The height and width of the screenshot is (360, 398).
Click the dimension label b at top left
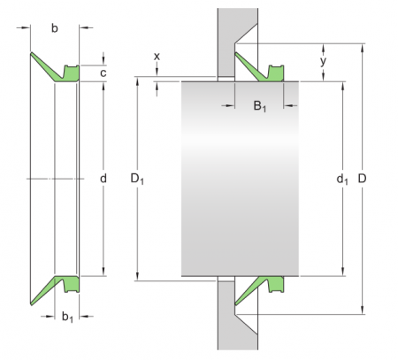(x=55, y=29)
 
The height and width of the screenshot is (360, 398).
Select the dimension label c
(x=103, y=73)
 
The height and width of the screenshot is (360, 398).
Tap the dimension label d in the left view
(x=103, y=179)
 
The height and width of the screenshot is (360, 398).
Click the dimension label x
(x=157, y=56)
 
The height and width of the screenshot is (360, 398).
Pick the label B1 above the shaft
(x=259, y=107)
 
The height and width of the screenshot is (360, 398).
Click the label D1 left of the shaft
(x=137, y=179)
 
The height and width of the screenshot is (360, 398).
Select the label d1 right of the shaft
(x=341, y=180)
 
